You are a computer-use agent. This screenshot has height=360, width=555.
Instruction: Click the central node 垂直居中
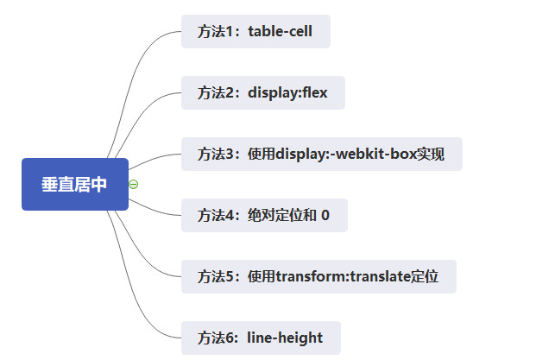click(x=74, y=184)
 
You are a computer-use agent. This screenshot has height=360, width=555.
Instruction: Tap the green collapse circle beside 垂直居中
click(x=134, y=184)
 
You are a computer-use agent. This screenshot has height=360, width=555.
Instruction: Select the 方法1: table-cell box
click(x=255, y=32)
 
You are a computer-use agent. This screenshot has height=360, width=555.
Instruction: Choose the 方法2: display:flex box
click(x=262, y=92)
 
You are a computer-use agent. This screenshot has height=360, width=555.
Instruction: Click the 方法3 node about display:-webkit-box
click(x=321, y=155)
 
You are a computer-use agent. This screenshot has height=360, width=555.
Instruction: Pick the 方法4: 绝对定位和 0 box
click(x=264, y=215)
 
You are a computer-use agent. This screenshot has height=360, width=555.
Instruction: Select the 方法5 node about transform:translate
click(x=318, y=276)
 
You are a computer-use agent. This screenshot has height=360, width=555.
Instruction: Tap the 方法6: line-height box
click(x=261, y=338)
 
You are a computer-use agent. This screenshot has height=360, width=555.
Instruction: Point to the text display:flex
click(x=287, y=92)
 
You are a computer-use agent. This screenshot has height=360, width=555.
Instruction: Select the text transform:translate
click(x=344, y=276)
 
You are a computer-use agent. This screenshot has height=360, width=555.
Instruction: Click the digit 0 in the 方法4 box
click(x=325, y=215)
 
